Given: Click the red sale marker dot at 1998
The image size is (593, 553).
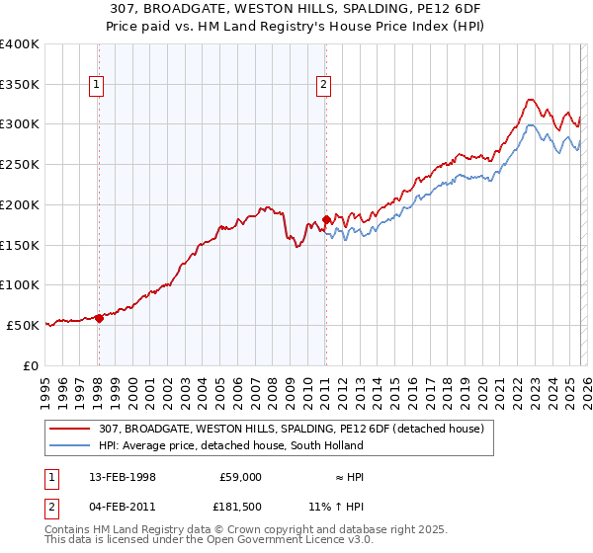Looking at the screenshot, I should click(99, 317).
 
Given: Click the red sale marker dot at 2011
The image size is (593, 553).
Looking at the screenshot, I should click(325, 219).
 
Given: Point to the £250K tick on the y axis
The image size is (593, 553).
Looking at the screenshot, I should click(20, 164).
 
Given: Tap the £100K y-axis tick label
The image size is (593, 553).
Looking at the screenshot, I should click(20, 284).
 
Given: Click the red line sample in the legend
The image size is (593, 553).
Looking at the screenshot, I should click(71, 429).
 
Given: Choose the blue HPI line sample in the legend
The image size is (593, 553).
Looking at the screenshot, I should click(71, 445).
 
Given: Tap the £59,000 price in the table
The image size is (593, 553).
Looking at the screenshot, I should click(240, 476).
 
